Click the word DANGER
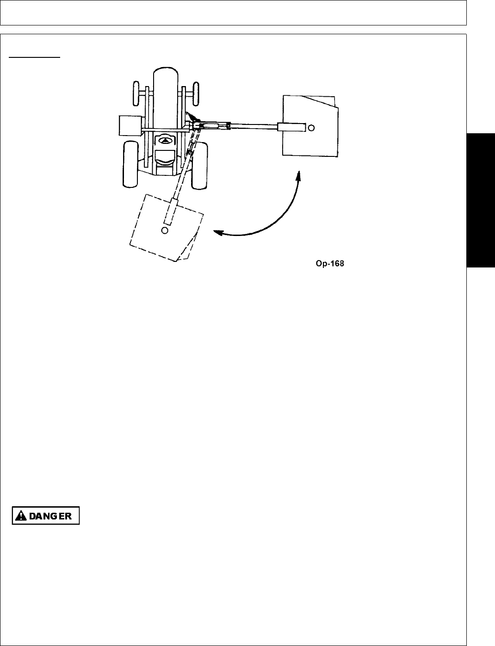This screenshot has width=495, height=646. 50,516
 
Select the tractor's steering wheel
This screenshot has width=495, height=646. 164,140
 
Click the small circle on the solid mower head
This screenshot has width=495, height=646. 311,127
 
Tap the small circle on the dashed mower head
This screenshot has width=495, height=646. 165,230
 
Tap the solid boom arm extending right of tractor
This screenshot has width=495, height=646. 252,125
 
